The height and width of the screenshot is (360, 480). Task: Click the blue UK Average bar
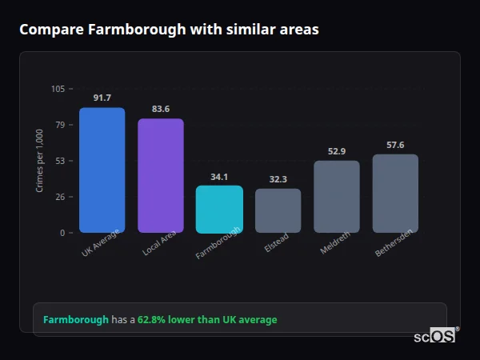[x=102, y=170]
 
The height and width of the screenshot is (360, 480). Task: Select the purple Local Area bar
[x=161, y=176]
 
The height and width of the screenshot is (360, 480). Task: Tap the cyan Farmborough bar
[x=219, y=210]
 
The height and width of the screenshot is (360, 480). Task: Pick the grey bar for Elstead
[x=278, y=211]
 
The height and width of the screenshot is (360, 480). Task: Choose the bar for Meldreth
[x=336, y=197]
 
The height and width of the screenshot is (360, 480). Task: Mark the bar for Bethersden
[x=395, y=194]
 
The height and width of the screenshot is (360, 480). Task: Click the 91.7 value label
[x=102, y=98]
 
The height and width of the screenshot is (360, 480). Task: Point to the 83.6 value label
[x=161, y=110]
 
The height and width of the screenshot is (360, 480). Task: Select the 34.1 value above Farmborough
[x=219, y=177]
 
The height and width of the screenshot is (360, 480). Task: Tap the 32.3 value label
[x=278, y=180]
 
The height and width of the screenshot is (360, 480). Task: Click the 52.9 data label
[x=336, y=151]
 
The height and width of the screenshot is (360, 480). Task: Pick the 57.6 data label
[x=395, y=145]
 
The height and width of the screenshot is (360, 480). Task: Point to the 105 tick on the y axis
[x=58, y=89]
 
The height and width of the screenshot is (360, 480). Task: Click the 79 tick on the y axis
[x=60, y=125]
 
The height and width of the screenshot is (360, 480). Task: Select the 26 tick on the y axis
[x=60, y=197]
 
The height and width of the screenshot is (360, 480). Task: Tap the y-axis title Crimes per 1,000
[x=40, y=161]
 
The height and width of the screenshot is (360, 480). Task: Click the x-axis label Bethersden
[x=394, y=246]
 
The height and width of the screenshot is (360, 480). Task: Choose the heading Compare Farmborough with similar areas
[x=169, y=30]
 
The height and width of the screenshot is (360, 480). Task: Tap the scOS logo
[x=435, y=336]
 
